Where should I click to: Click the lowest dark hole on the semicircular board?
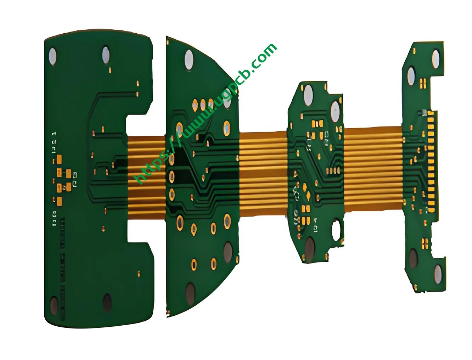[x=190, y=293]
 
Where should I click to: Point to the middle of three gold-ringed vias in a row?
[x=202, y=104]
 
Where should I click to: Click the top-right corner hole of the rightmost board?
[x=435, y=58]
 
